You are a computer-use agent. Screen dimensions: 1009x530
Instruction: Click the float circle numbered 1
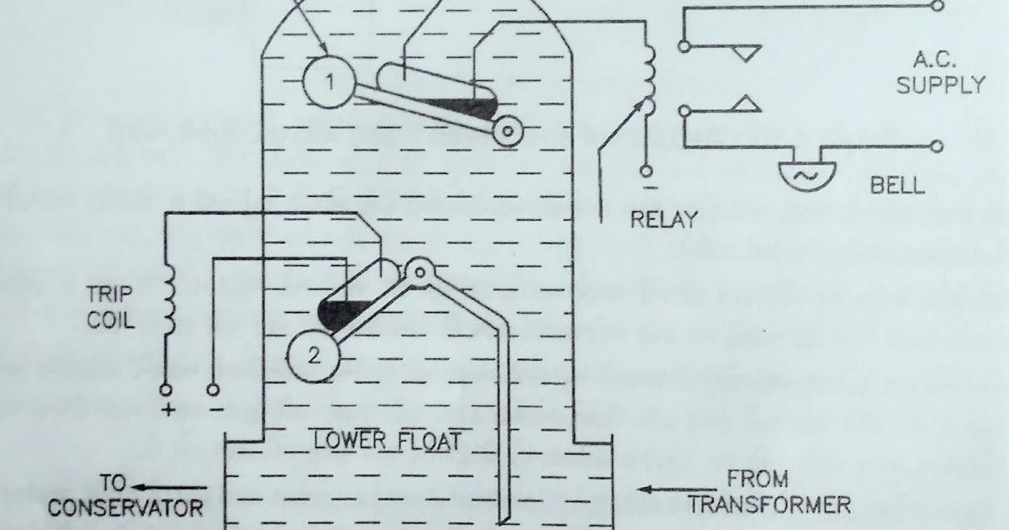(x=330, y=82)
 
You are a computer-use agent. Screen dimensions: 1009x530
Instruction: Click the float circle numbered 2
(x=314, y=355)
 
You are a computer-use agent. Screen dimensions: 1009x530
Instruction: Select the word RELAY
(x=664, y=220)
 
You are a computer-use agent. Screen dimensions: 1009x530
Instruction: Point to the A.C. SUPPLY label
(x=939, y=72)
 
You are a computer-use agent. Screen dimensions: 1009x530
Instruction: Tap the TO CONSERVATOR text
(x=124, y=496)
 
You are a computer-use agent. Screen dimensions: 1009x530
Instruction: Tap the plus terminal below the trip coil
(x=166, y=390)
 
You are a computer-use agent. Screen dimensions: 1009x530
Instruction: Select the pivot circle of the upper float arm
(x=507, y=130)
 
